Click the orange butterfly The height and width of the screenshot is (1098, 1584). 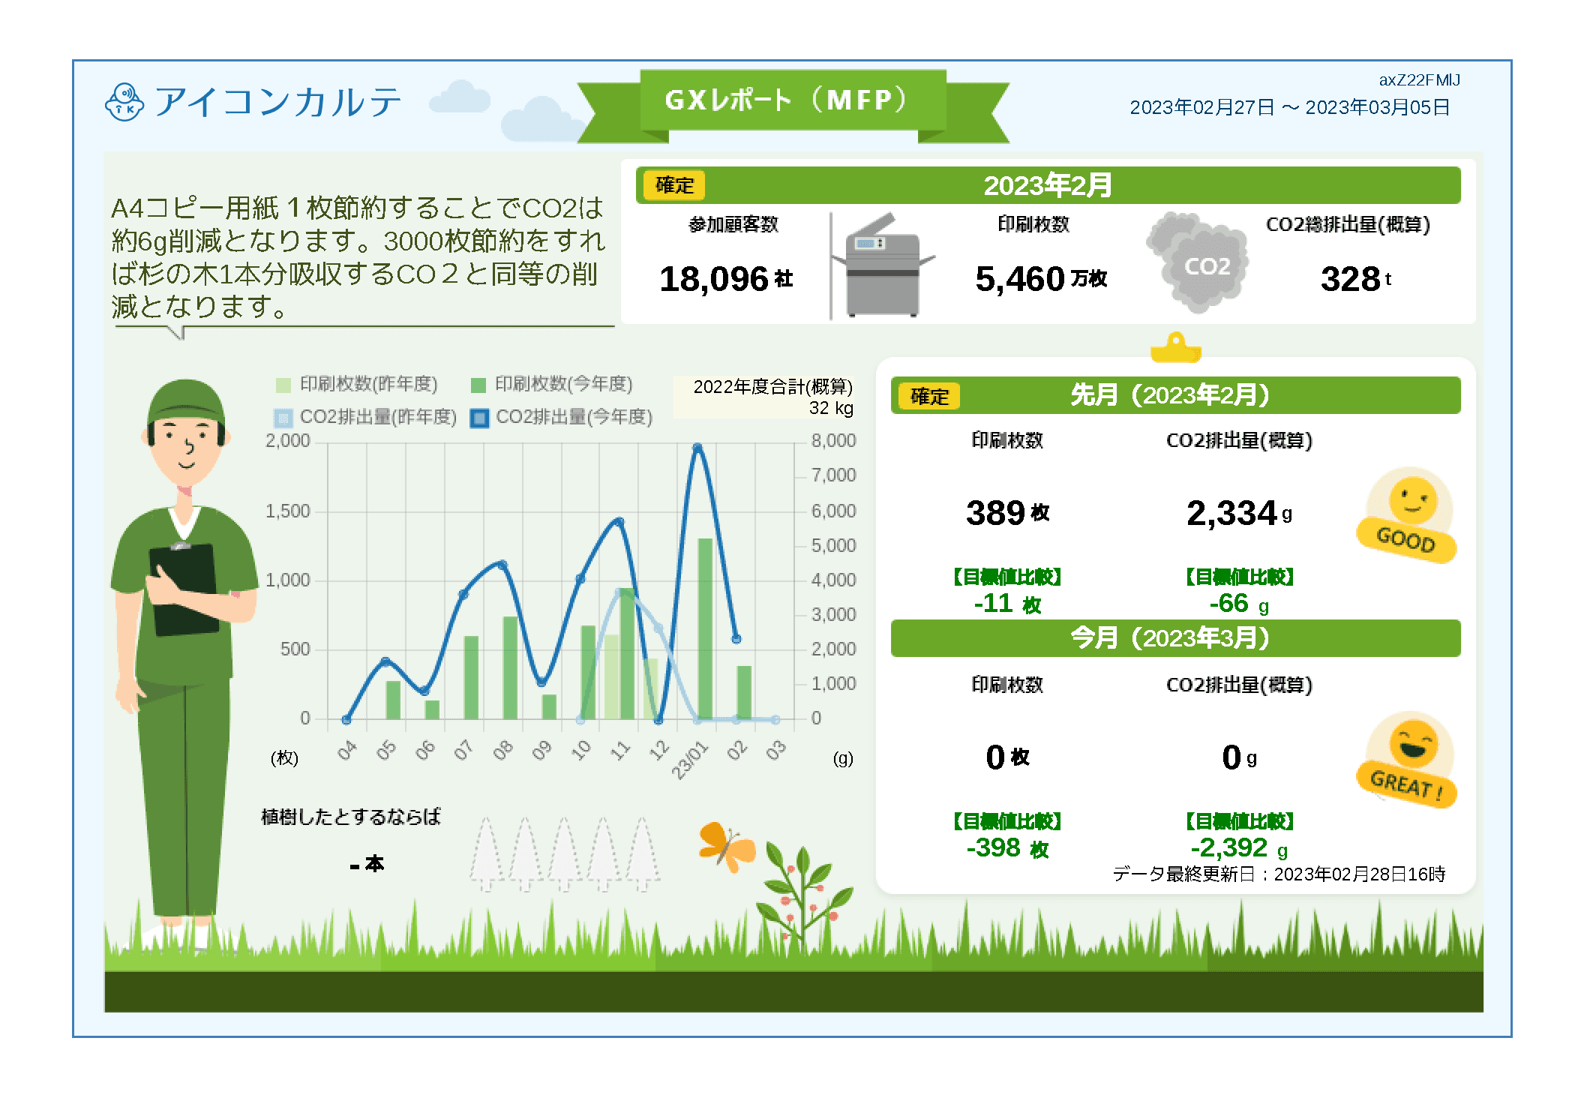click(726, 847)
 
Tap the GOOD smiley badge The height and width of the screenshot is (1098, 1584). click(1407, 515)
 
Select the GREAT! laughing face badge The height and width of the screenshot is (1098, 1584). click(1407, 760)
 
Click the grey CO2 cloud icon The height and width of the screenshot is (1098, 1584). click(1198, 262)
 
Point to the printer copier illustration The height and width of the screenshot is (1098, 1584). click(885, 265)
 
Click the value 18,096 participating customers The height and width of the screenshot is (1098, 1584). click(726, 279)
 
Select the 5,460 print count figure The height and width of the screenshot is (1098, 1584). click(1041, 279)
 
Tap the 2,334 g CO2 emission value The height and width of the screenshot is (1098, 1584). click(1239, 514)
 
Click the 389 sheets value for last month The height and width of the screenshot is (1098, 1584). click(1007, 514)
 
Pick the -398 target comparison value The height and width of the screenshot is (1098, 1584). click(1007, 848)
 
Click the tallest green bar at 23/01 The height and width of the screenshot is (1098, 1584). click(705, 628)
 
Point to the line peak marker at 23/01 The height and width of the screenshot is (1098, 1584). click(697, 447)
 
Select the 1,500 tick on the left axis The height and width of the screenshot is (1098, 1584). click(288, 511)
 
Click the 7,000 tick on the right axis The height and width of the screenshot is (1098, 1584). click(833, 475)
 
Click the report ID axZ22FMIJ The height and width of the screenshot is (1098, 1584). click(1419, 80)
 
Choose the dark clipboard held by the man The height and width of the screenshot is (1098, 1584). click(184, 591)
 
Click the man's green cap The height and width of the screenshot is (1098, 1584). click(186, 401)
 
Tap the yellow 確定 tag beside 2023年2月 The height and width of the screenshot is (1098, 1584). click(674, 185)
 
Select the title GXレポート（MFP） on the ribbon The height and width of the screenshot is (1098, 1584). click(787, 100)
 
